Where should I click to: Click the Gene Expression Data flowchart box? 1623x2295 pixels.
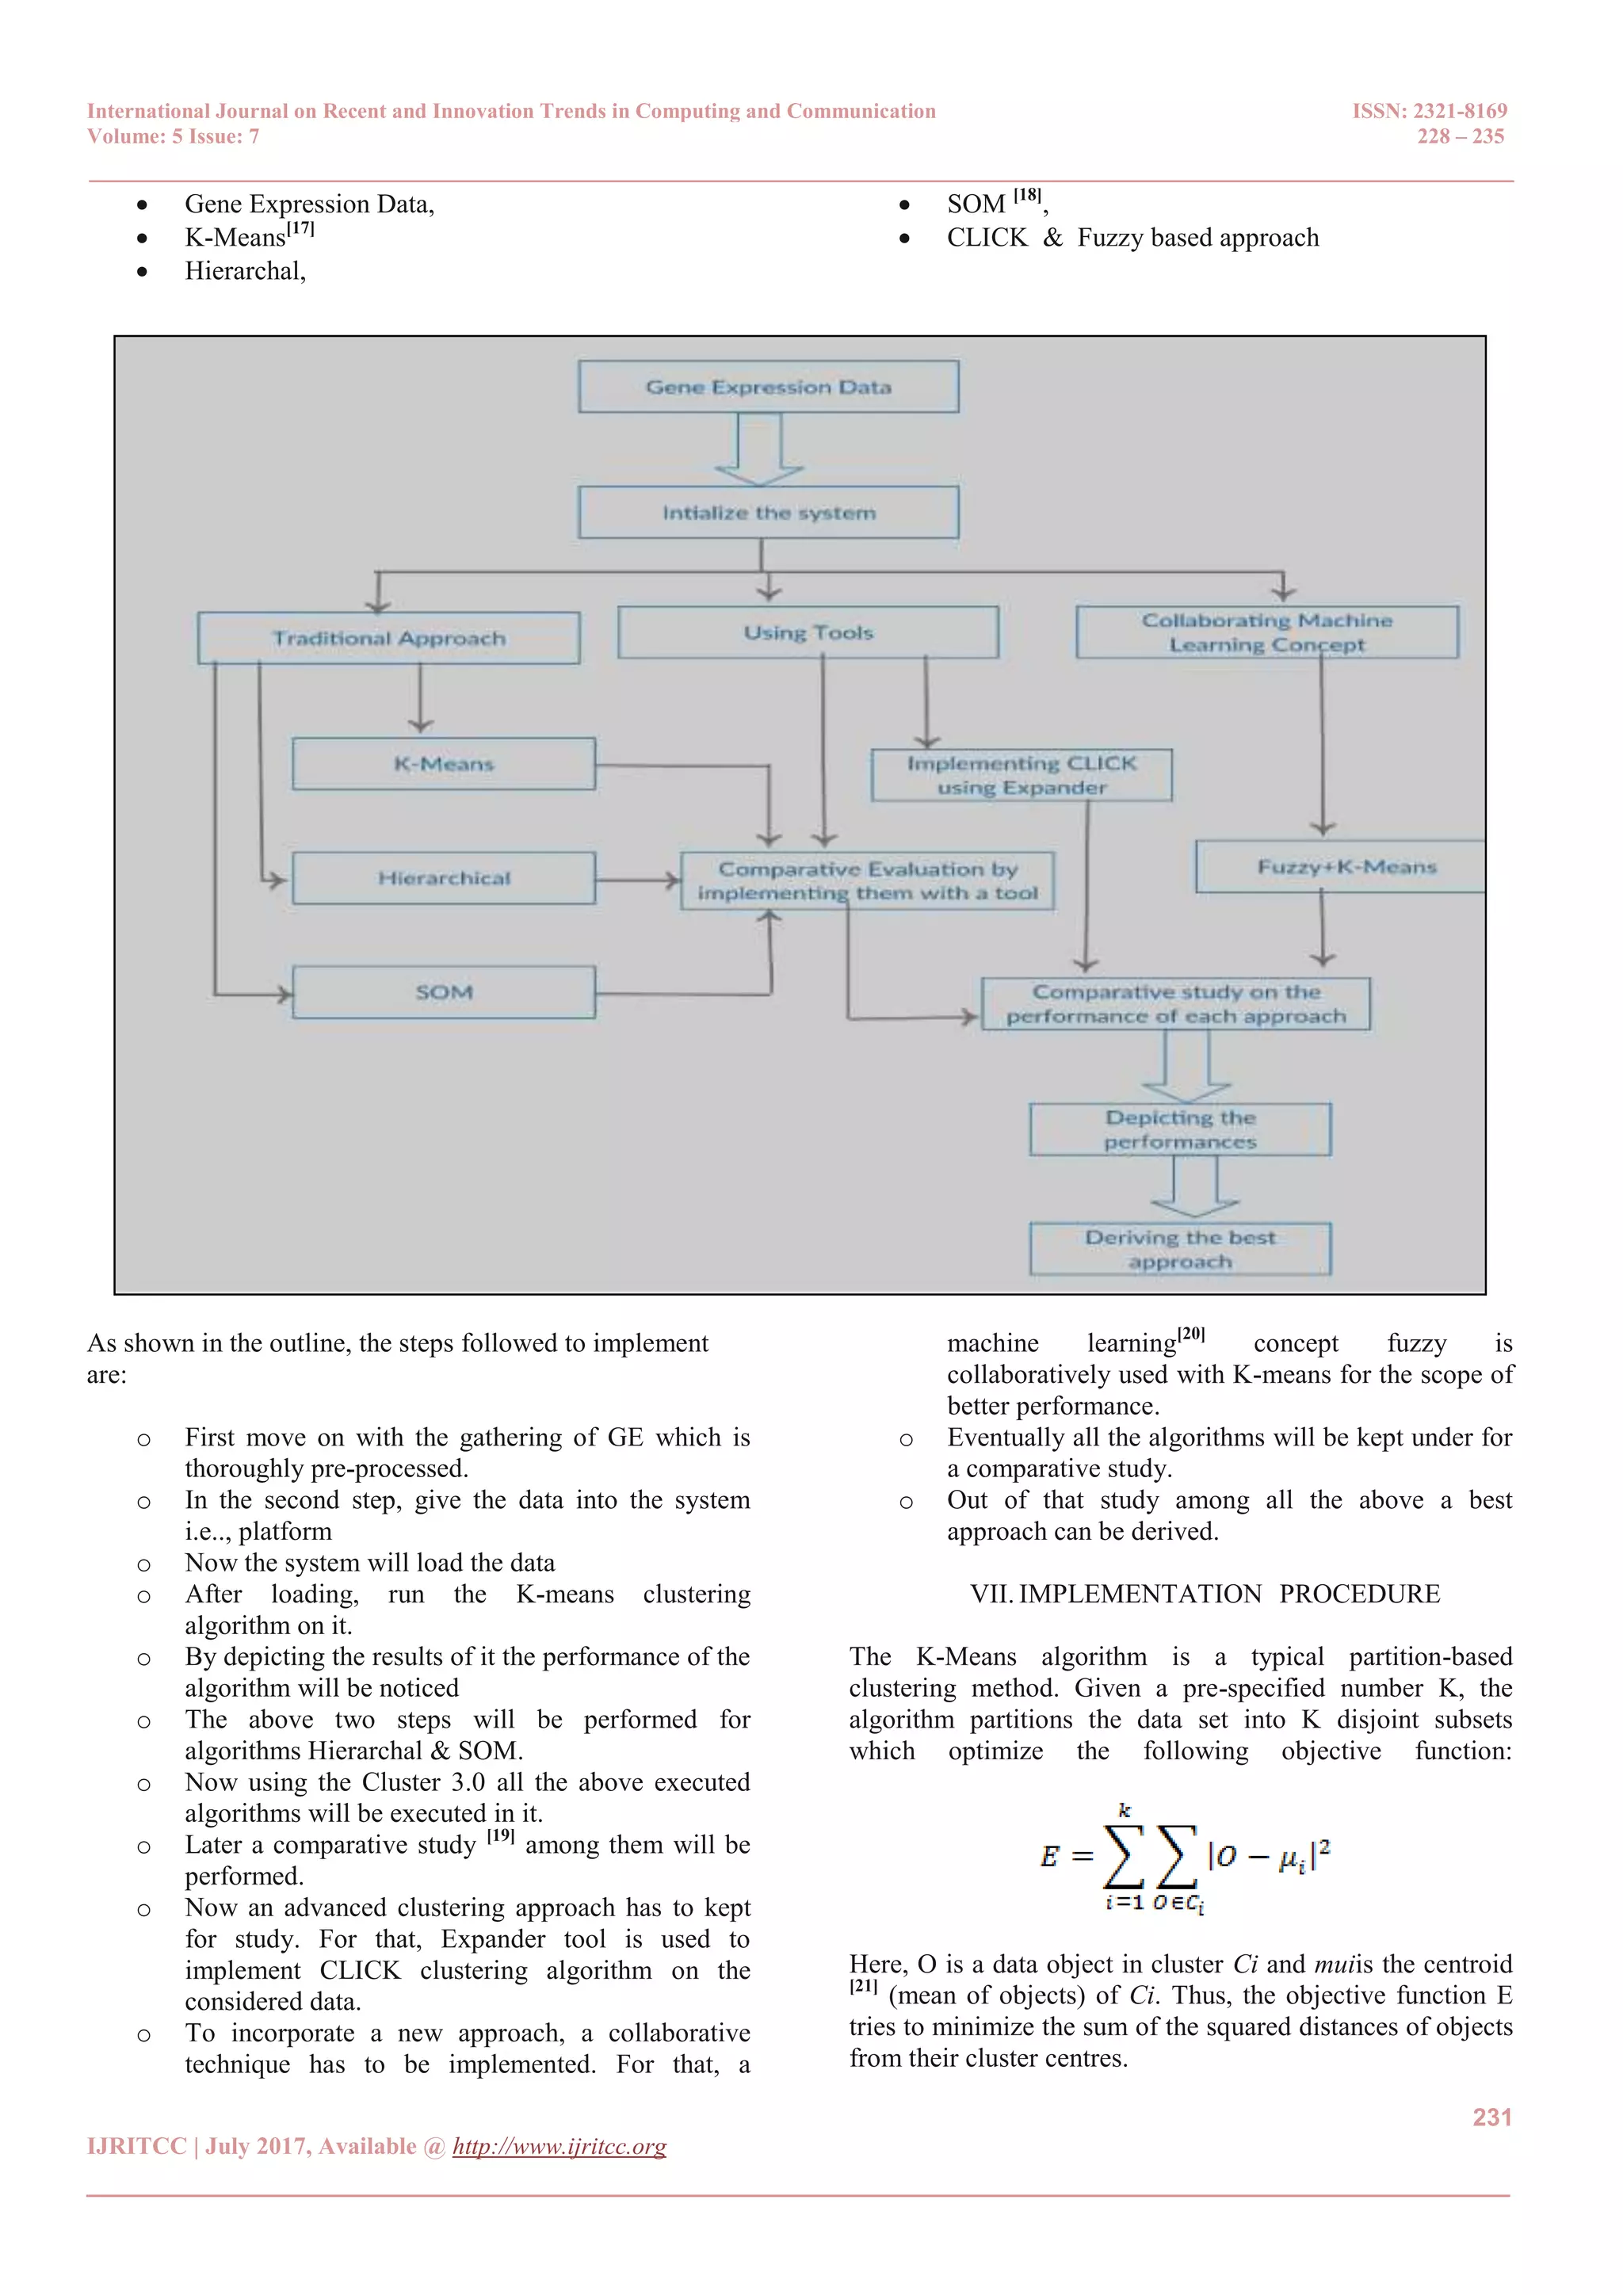(x=768, y=387)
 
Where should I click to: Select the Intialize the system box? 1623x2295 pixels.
(x=768, y=513)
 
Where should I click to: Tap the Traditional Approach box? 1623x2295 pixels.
(x=389, y=638)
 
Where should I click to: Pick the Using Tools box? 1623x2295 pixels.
(x=808, y=632)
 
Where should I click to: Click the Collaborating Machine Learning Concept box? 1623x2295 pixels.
(x=1266, y=632)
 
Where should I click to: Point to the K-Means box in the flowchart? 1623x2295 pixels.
(x=444, y=764)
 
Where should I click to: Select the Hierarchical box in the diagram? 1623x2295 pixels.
(x=444, y=877)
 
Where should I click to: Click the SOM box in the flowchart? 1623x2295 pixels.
(x=444, y=991)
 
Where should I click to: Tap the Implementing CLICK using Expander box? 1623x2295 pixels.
(x=1021, y=775)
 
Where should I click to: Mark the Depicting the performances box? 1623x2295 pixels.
(x=1179, y=1129)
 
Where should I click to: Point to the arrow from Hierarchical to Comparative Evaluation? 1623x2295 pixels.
(x=638, y=880)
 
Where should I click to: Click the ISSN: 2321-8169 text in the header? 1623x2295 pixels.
(x=1429, y=111)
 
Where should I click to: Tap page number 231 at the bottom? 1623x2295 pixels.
(x=1491, y=2117)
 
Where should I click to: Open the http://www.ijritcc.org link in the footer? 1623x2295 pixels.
(x=559, y=2146)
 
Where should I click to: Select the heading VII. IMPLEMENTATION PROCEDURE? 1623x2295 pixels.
(x=1205, y=1594)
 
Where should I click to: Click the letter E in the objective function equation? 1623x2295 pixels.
(x=1048, y=1856)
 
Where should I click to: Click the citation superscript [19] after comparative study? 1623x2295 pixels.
(x=500, y=1835)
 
